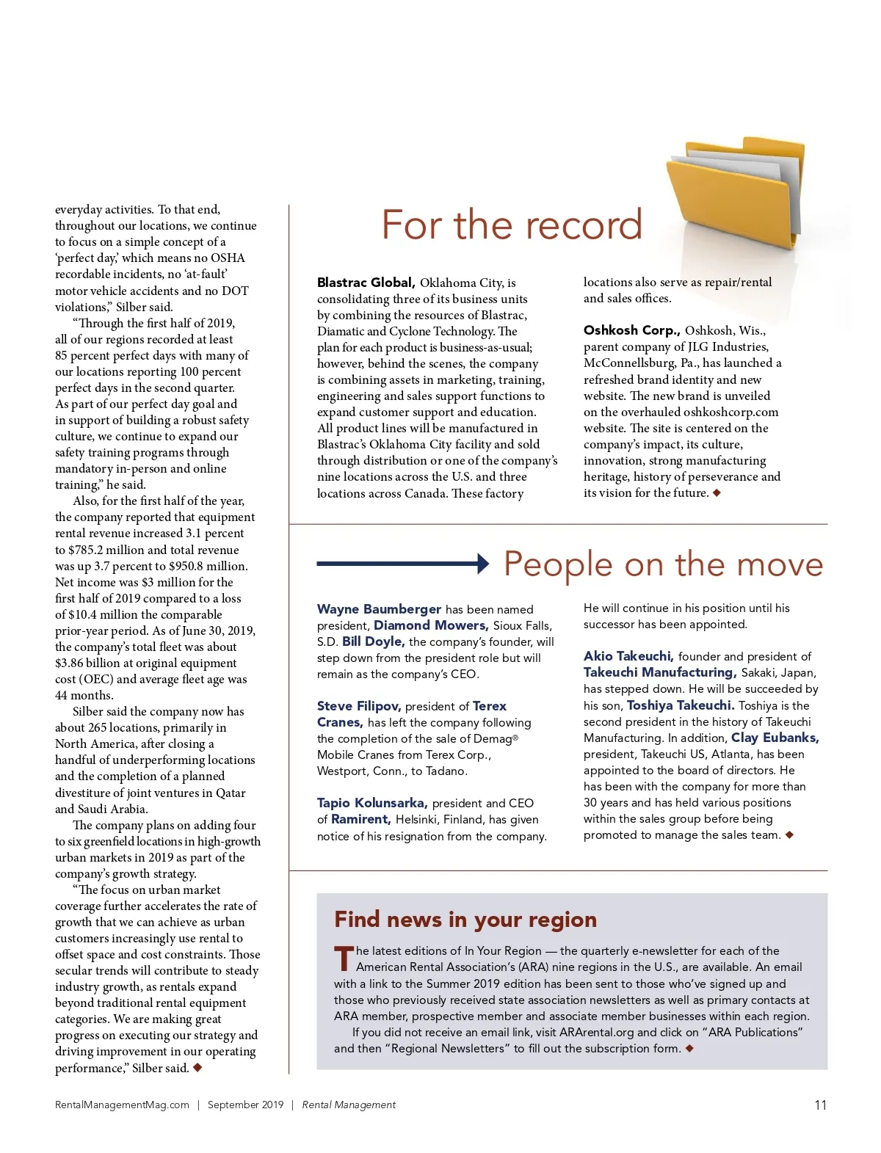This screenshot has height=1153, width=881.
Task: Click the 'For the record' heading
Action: pos(512,225)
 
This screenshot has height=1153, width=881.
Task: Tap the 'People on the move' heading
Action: pos(663,564)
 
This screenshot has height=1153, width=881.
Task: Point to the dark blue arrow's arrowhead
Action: pos(483,564)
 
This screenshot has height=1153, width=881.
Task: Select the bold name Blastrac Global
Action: pos(366,283)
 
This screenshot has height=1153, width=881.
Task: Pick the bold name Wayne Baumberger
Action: pos(379,609)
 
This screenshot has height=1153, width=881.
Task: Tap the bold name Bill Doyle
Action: pos(373,641)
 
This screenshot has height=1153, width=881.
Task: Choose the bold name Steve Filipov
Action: pos(358,706)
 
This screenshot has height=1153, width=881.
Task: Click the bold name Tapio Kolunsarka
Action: pos(372,803)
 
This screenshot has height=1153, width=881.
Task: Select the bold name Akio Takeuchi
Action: pos(628,656)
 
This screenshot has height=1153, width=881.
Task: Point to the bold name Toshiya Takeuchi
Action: pos(680,705)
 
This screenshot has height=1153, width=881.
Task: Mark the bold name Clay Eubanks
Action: pos(775,738)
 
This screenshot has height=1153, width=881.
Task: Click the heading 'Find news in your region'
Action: pos(465,920)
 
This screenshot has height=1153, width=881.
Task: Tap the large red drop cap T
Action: pos(344,959)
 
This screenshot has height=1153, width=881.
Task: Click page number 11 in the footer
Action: pos(820,1105)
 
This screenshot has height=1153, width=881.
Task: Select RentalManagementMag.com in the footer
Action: pos(122,1105)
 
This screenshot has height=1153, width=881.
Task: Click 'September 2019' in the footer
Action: pos(245,1105)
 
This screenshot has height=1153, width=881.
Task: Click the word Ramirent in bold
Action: pos(360,819)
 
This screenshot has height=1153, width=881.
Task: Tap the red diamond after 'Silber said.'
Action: pos(197,1067)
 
